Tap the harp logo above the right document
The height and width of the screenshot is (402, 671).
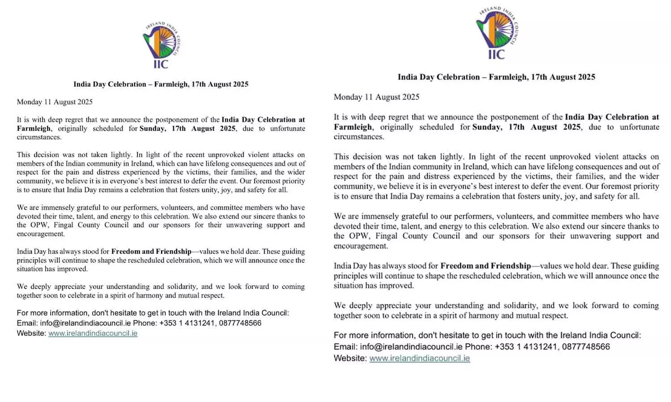coord(497,33)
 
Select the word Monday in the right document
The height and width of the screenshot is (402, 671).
coord(348,97)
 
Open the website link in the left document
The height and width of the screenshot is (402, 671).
coord(93,333)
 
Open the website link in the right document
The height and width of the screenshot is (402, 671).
coord(420,358)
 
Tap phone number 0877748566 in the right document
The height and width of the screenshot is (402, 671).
coord(586,347)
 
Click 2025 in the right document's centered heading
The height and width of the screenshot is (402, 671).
coord(585,77)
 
